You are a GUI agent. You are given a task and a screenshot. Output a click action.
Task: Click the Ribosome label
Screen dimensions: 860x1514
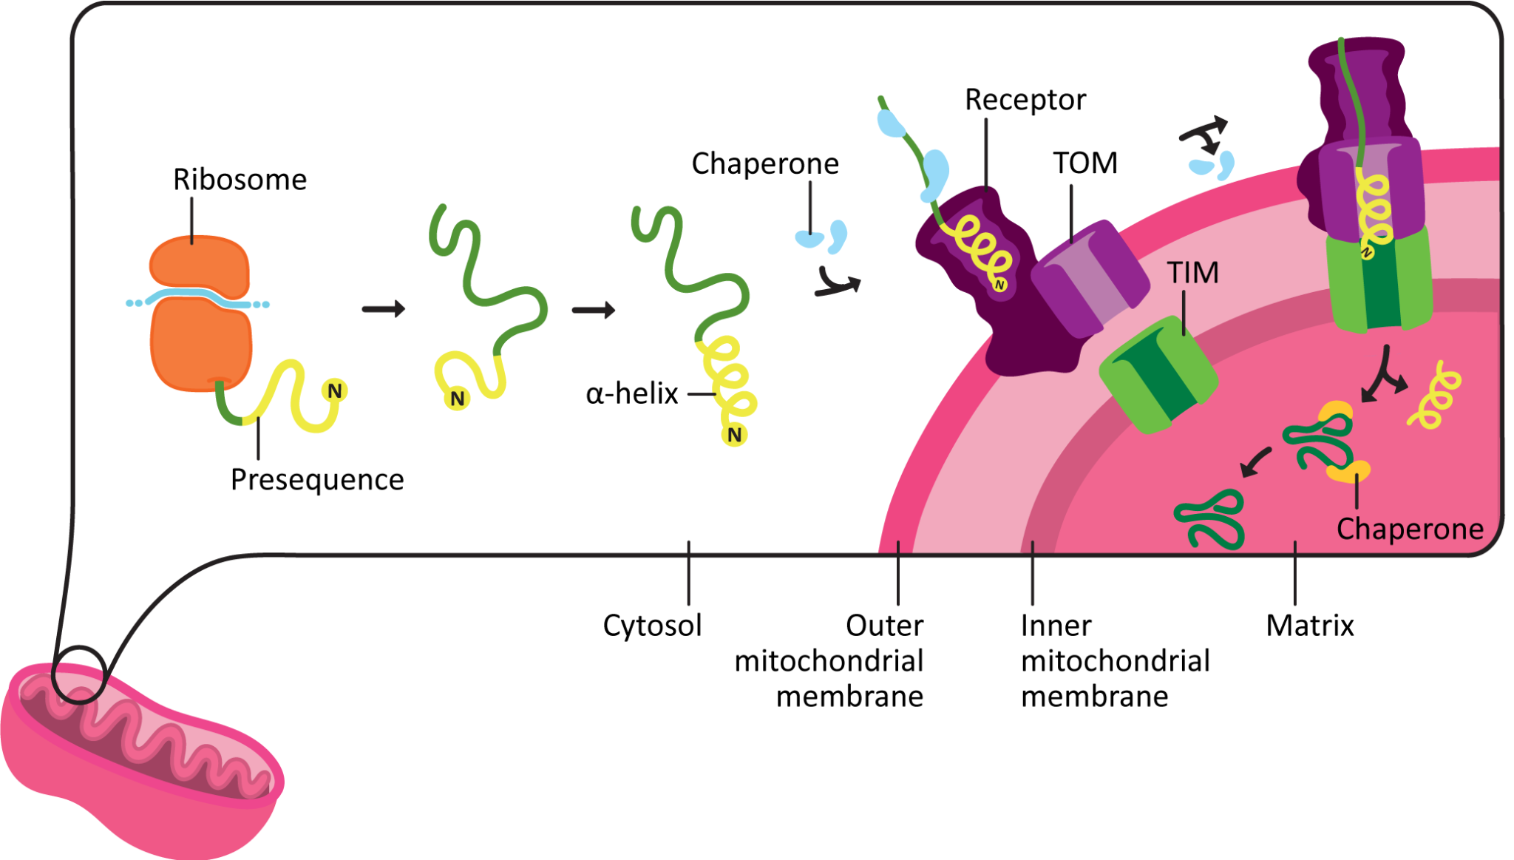pos(240,180)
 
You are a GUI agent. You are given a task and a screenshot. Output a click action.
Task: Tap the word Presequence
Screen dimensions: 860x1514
pos(317,480)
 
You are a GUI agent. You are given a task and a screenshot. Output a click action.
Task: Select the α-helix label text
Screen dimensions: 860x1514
pos(631,393)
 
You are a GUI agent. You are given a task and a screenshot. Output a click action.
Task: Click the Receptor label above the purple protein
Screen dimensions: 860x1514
pos(1025,100)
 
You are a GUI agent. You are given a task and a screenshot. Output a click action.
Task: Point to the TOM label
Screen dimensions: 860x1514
pos(1084,163)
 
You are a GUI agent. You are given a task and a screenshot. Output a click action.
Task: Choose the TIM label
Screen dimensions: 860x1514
pos(1192,273)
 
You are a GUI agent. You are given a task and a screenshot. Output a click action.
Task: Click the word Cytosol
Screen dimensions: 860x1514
pos(652,626)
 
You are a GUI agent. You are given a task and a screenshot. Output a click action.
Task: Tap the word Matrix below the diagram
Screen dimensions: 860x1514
pos(1309,626)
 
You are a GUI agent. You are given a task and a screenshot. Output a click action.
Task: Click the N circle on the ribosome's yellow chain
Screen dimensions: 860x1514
pos(335,390)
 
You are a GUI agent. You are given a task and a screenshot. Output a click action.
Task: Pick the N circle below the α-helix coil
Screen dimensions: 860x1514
pos(734,435)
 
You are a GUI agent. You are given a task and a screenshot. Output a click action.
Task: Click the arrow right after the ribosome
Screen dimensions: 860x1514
pos(384,308)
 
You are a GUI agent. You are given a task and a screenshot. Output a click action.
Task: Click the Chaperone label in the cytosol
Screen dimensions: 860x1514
pos(765,163)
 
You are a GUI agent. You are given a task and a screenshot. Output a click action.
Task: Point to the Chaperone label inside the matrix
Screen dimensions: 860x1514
pos(1409,529)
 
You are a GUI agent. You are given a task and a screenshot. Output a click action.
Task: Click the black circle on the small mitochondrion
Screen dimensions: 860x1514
pos(79,674)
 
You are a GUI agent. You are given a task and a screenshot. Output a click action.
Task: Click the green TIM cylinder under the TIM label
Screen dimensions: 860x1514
pos(1158,373)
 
